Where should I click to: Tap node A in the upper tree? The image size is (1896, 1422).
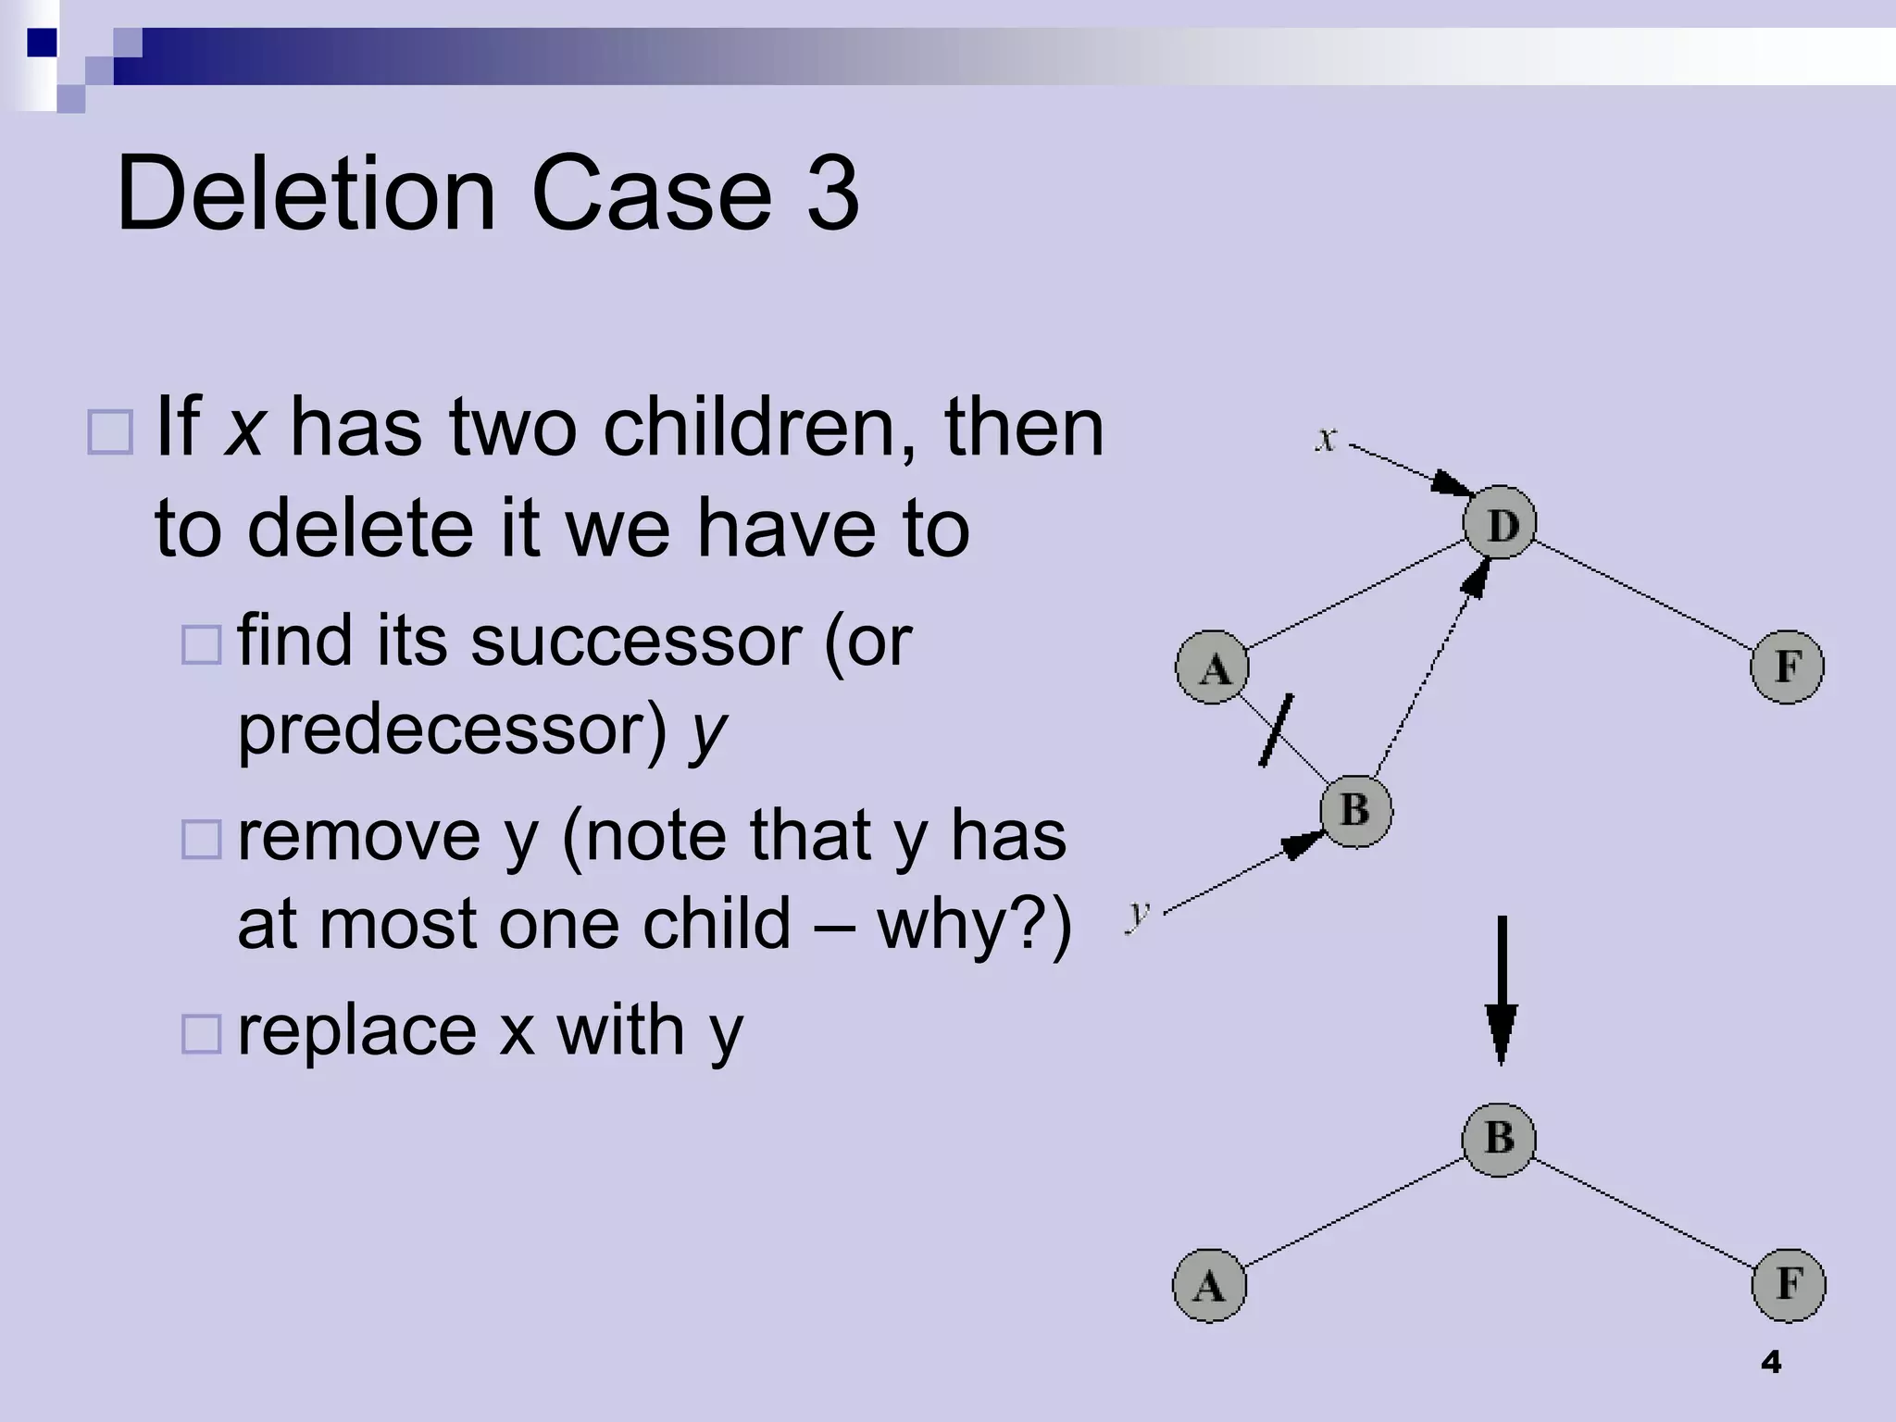1213,667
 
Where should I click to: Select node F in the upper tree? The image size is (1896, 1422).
1787,667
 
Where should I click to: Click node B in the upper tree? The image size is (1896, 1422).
1355,811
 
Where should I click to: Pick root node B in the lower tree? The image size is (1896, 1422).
1499,1139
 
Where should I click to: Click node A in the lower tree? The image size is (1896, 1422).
1209,1285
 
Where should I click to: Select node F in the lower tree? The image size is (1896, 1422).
1789,1285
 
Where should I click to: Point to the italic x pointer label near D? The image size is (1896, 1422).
1326,439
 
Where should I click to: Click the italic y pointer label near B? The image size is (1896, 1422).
1138,915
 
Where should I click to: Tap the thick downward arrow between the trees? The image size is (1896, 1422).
1501,991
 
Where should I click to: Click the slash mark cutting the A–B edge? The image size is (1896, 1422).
1276,730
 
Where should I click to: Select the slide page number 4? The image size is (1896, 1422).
1770,1362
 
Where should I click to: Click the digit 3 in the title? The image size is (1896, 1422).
832,194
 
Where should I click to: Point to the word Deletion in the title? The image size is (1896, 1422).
306,194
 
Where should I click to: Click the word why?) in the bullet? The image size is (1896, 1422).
974,924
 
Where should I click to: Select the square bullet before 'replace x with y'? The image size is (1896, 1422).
201,1034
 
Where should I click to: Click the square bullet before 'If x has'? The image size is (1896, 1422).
110,431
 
